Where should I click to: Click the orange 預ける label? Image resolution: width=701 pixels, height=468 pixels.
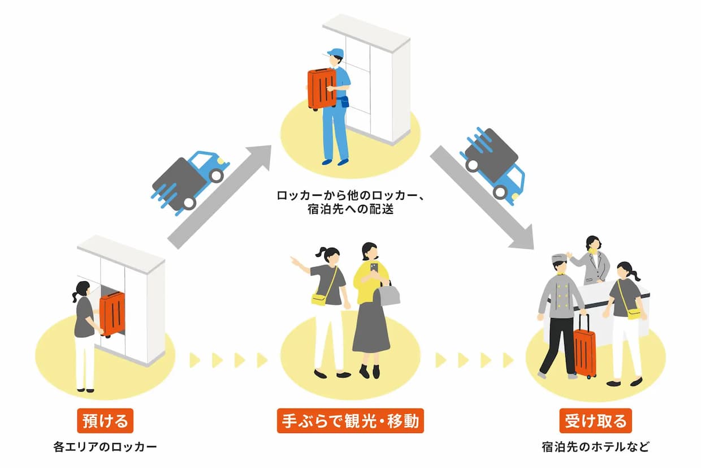105,422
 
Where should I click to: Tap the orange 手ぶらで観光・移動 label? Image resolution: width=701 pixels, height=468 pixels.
350,422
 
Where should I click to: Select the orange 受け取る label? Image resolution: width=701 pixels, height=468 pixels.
595,422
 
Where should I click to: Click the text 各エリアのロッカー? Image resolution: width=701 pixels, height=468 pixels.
105,447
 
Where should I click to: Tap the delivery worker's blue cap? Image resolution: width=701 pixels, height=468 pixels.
336,53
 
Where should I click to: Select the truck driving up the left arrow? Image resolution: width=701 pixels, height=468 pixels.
189,178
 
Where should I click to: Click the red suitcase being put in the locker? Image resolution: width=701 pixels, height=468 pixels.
112,314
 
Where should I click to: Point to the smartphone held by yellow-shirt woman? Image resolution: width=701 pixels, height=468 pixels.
374,268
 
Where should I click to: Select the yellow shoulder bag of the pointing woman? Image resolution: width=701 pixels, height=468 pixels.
320,298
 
